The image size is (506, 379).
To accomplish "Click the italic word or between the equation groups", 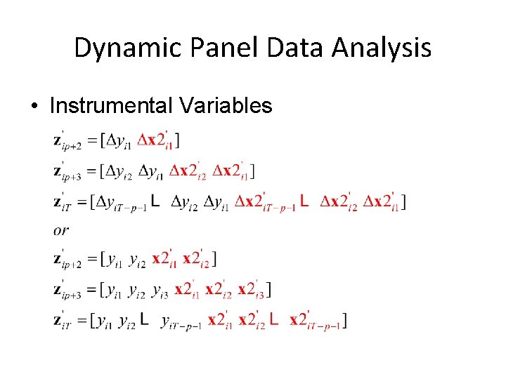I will tap(60, 230).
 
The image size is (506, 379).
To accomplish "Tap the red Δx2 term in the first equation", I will tap(154, 141).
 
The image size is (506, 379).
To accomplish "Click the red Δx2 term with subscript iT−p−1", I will tap(264, 203).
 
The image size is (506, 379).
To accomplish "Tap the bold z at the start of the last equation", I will tap(59, 321).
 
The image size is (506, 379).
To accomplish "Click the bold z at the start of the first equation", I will tap(59, 141).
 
